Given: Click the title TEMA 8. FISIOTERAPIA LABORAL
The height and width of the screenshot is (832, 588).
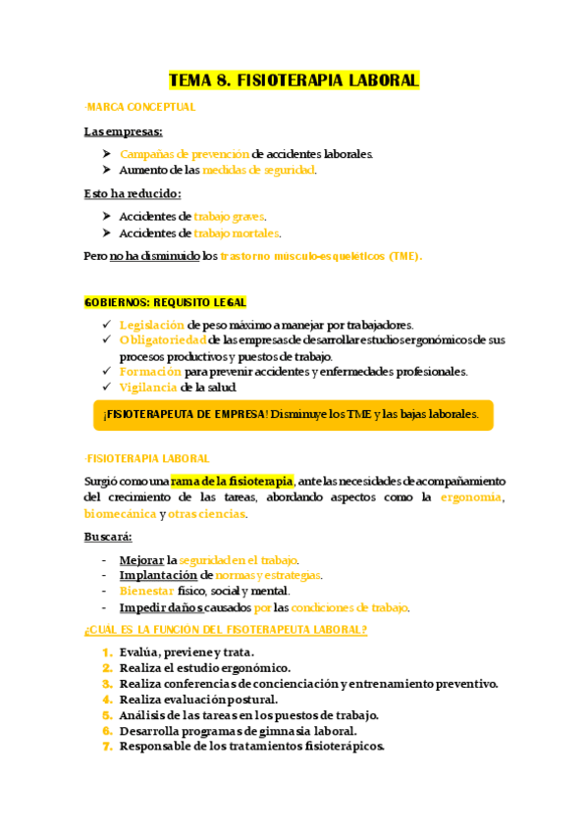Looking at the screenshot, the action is coord(294,80).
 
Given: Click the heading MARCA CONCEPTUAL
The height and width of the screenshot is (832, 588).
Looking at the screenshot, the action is coord(141,107).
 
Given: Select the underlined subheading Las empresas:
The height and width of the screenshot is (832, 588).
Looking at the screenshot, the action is coord(124,131).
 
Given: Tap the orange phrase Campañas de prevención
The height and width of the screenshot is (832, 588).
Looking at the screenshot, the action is coord(184,154).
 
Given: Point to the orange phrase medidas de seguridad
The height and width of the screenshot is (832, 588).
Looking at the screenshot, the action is coord(258,170).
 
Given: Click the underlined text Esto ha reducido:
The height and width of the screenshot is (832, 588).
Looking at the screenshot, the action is coord(133,194).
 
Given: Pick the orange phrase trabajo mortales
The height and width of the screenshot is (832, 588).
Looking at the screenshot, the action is coord(237,234).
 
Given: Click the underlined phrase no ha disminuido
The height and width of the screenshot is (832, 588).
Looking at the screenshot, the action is coord(153,256).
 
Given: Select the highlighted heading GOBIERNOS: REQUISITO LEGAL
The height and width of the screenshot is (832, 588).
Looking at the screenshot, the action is coord(165,302).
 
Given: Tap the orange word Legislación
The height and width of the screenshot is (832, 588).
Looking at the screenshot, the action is coord(151,325).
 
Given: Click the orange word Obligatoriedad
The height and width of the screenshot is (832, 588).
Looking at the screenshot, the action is coord(162,340).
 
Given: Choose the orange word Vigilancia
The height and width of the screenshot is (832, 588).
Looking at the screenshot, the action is coord(148,388).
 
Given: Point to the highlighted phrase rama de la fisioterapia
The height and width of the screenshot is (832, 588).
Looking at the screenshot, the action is coord(232,481).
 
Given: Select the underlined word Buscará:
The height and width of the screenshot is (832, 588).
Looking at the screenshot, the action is coord(108,537).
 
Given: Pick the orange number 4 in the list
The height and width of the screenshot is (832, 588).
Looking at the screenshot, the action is coord(107,700).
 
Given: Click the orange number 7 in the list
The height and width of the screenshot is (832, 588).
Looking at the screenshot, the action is coord(107,746).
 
